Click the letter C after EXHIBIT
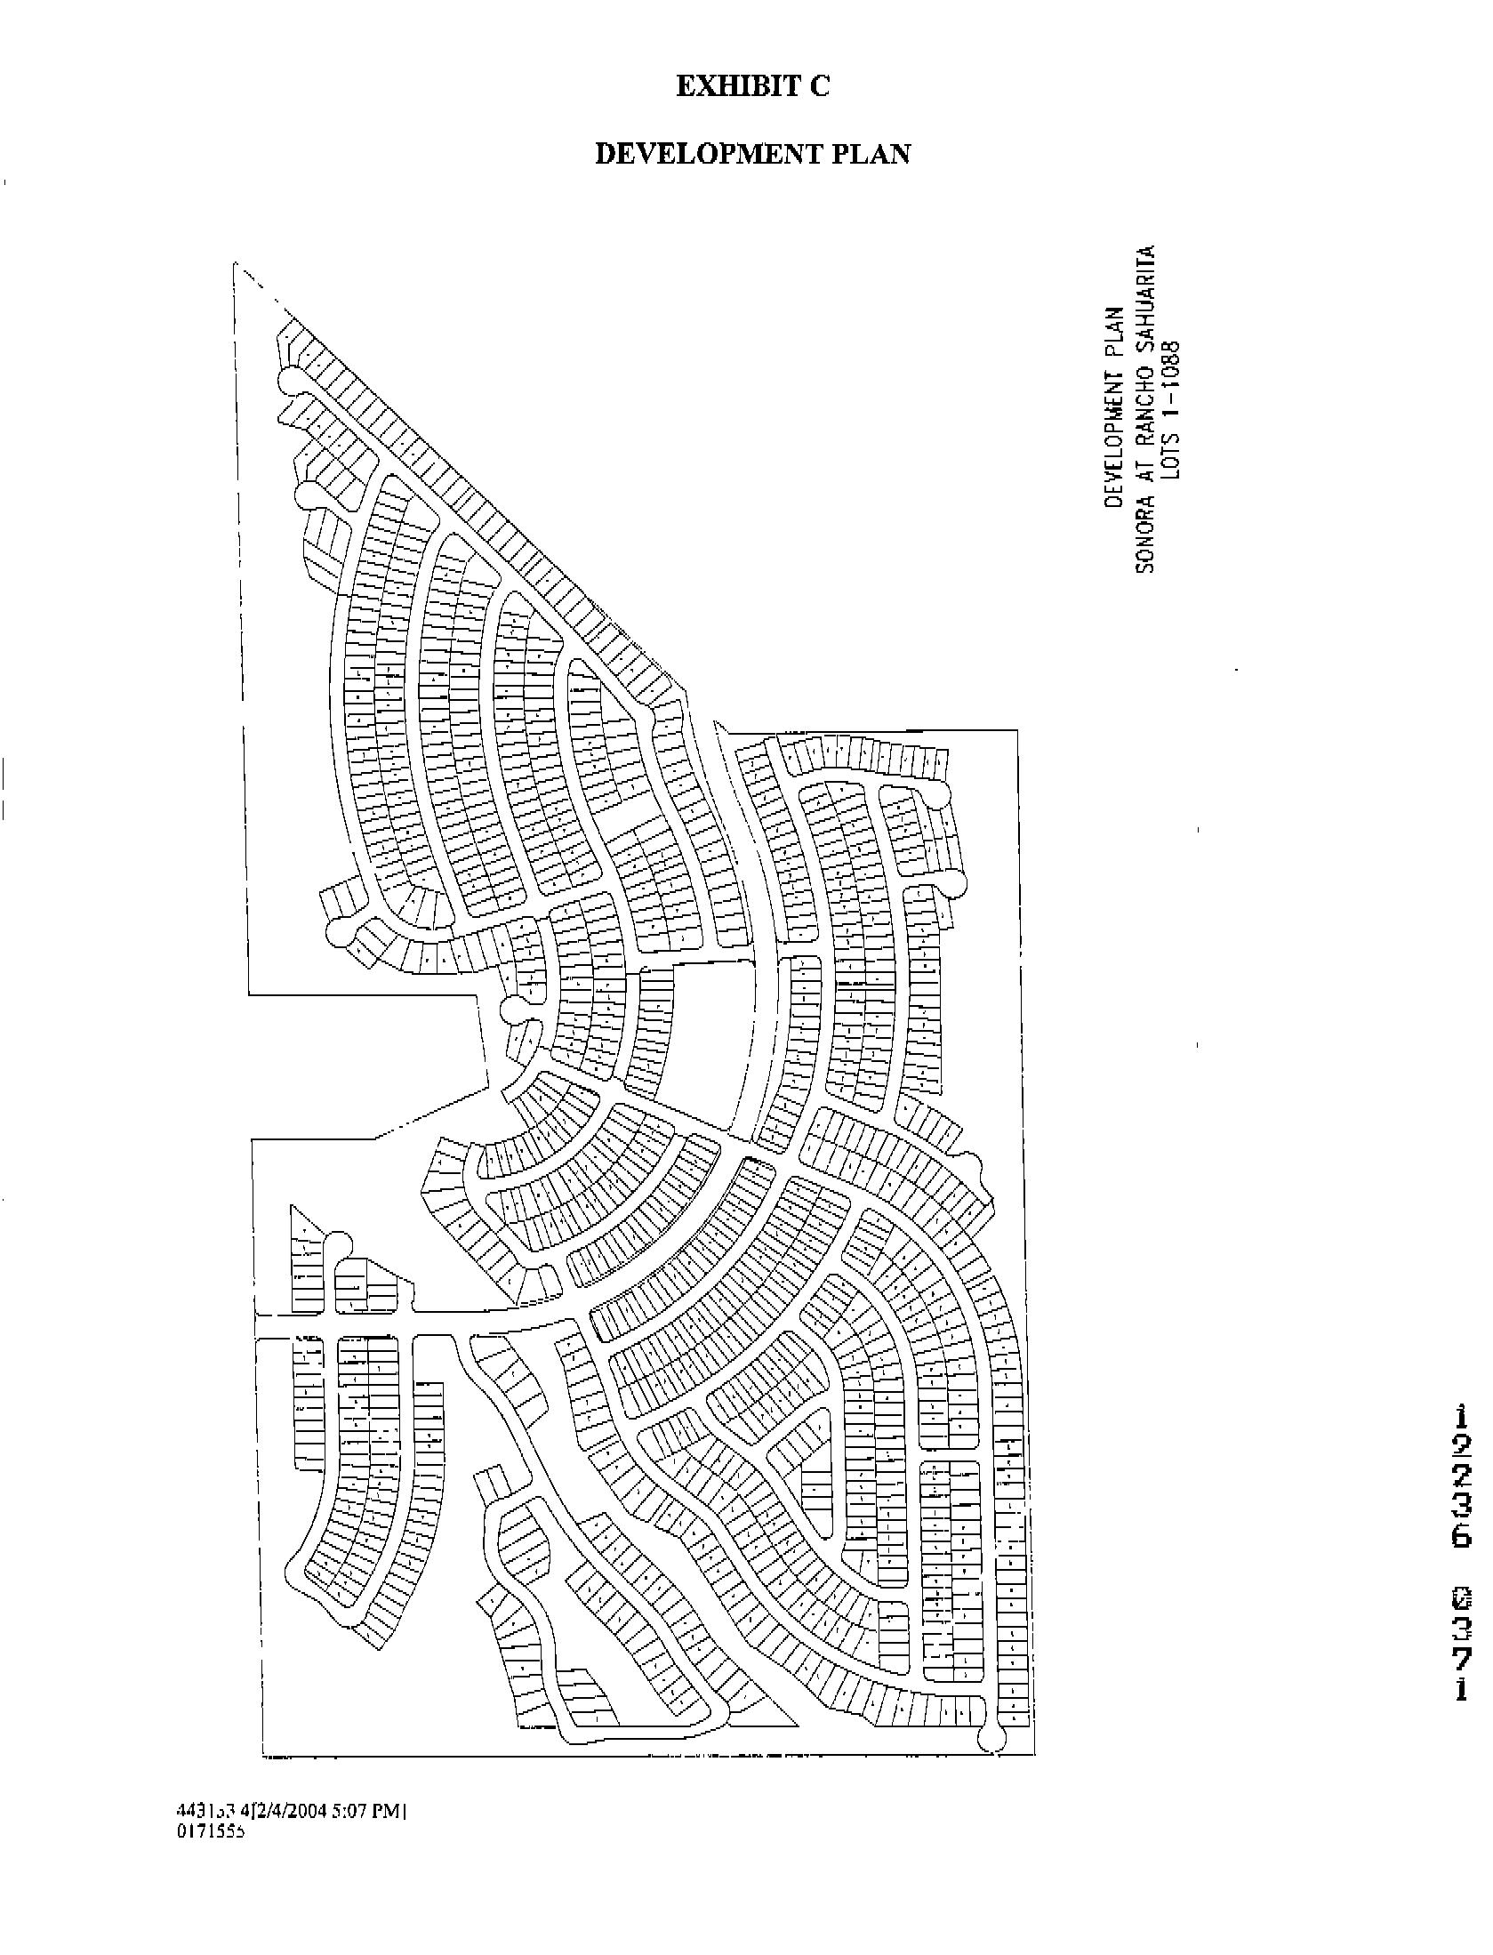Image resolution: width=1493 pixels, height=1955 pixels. (x=818, y=86)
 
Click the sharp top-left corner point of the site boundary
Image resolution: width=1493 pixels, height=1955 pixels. (x=235, y=262)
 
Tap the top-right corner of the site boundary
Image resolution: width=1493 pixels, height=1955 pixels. (x=1016, y=731)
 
